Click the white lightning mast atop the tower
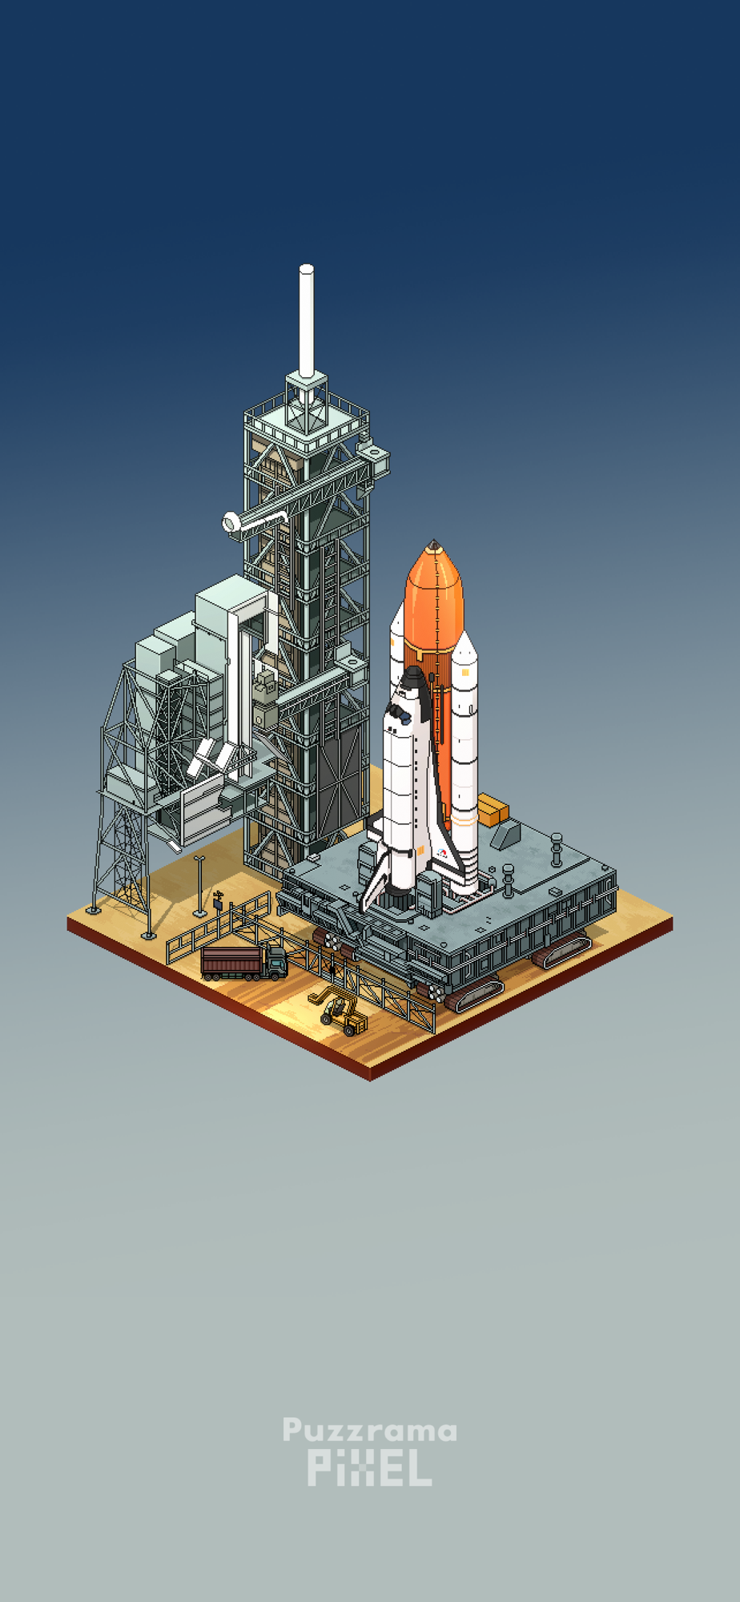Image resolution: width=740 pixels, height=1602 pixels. [306, 320]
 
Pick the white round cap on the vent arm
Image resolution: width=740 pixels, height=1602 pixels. [231, 523]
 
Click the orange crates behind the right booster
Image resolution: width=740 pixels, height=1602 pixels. [493, 810]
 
